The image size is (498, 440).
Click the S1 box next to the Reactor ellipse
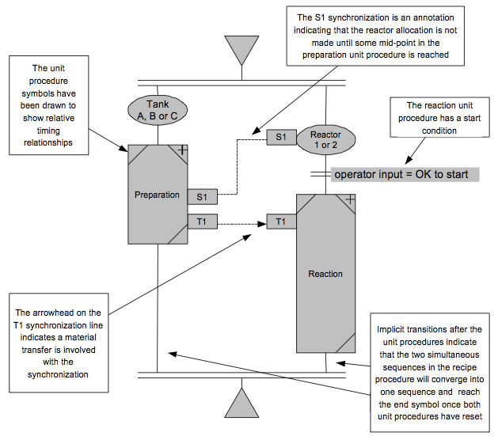pyautogui.click(x=280, y=137)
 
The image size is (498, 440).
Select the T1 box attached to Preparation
pyautogui.click(x=201, y=221)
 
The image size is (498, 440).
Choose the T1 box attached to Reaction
pyautogui.click(x=281, y=221)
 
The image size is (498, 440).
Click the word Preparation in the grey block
pyautogui.click(x=157, y=195)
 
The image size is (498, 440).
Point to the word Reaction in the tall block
pyautogui.click(x=325, y=274)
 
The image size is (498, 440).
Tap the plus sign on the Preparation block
pyautogui.click(x=181, y=149)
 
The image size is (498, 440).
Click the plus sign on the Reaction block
pyautogui.click(x=349, y=199)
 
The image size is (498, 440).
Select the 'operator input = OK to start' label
pyautogui.click(x=402, y=174)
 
